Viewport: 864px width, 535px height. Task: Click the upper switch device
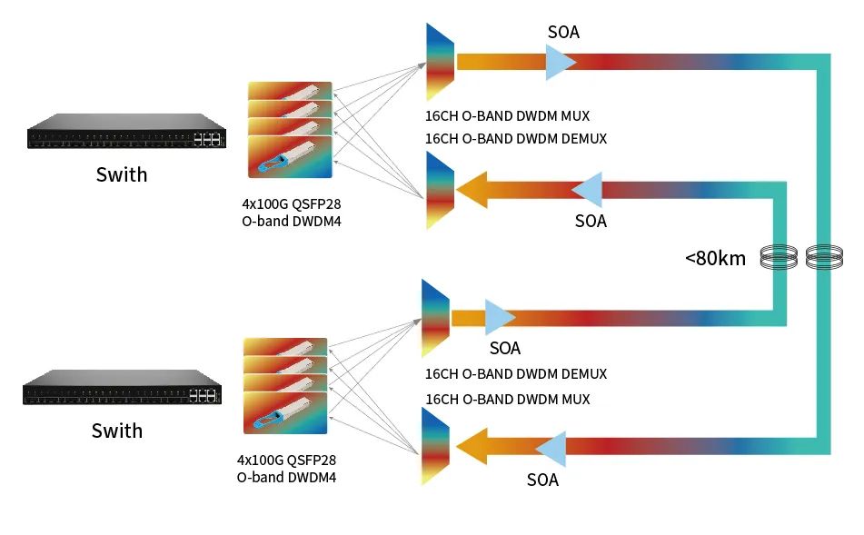click(x=126, y=132)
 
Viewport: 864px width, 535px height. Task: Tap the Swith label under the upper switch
click(x=122, y=174)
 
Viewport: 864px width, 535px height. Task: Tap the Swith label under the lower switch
click(x=117, y=431)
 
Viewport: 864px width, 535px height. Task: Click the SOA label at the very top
click(x=563, y=33)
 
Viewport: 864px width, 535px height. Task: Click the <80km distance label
click(x=715, y=258)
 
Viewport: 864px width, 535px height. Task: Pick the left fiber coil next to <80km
click(x=778, y=258)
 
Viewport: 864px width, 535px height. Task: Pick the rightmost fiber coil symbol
click(x=824, y=258)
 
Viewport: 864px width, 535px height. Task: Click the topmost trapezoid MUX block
click(x=440, y=63)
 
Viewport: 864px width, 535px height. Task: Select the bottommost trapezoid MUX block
click(x=435, y=448)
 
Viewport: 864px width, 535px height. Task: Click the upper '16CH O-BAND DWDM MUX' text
click(x=507, y=116)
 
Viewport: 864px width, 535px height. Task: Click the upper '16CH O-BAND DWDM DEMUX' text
click(x=515, y=139)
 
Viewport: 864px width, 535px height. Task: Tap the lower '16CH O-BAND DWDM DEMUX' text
click(x=515, y=374)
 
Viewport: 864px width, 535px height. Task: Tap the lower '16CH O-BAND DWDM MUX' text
click(x=507, y=400)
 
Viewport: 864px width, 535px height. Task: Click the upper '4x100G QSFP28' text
click(x=290, y=203)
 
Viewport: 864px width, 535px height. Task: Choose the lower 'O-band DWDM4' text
click(x=286, y=477)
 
